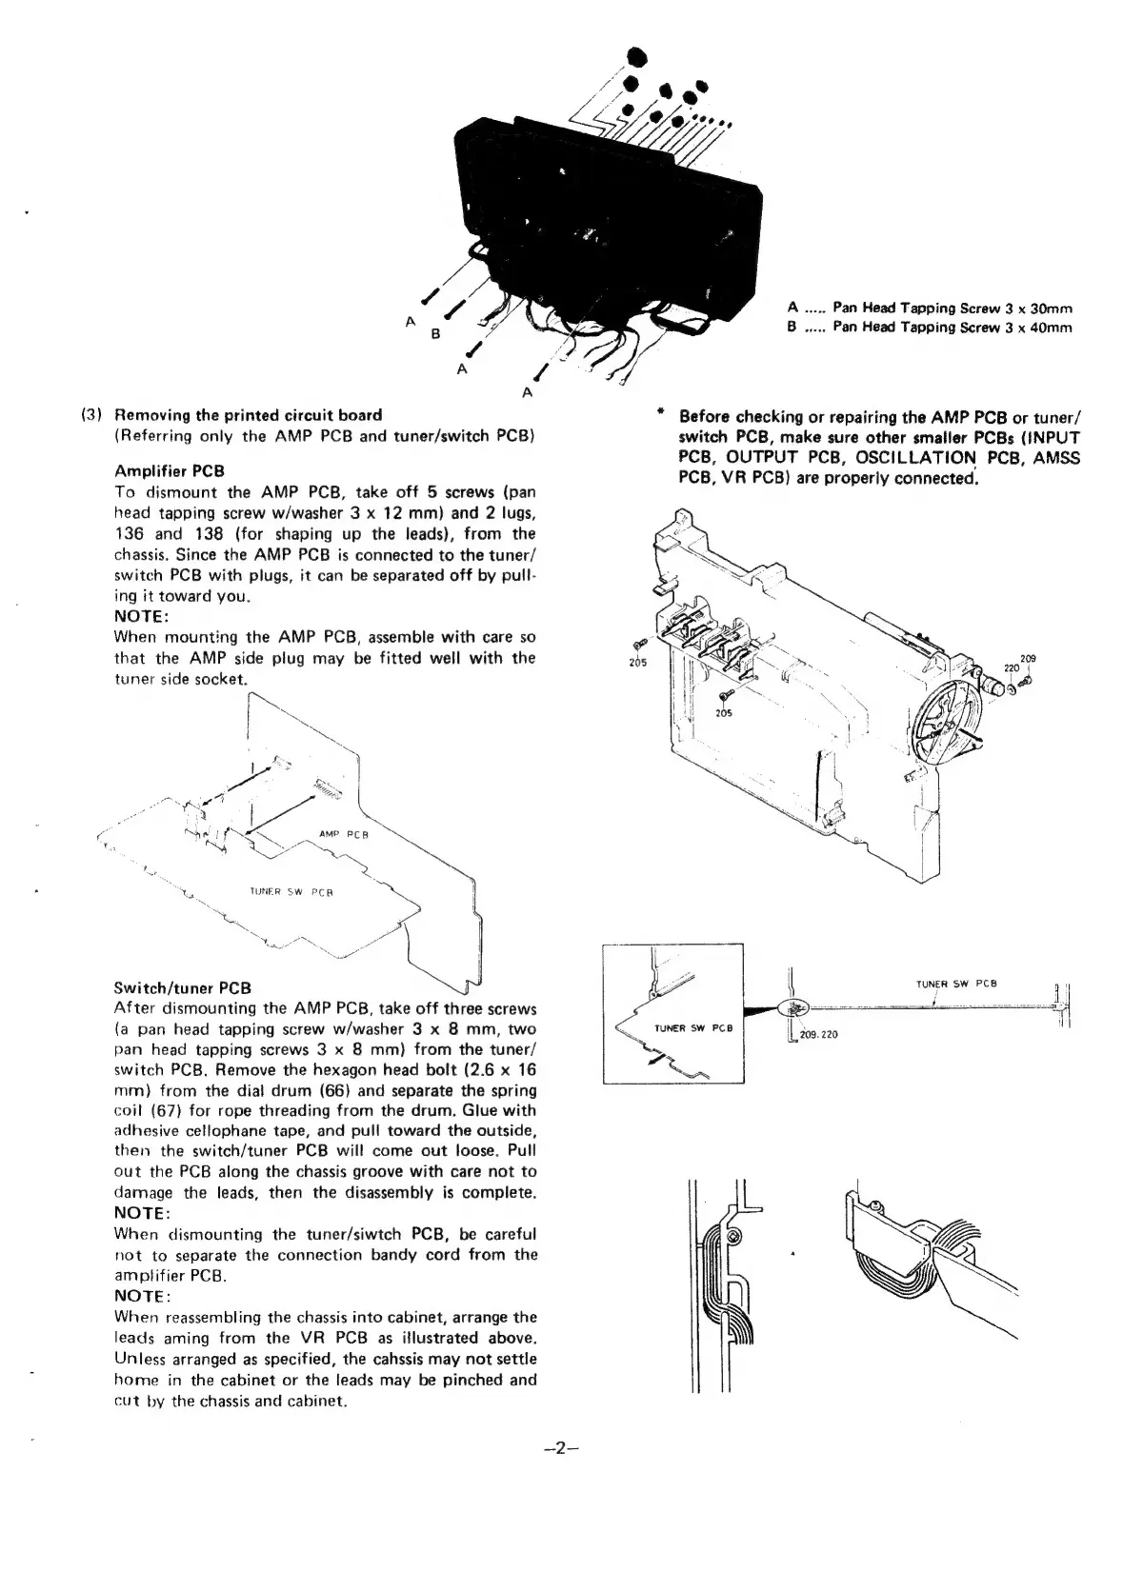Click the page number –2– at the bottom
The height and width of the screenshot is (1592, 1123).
point(561,1448)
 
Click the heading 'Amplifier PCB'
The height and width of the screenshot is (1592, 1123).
point(169,471)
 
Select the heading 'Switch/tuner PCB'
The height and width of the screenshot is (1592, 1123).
point(182,987)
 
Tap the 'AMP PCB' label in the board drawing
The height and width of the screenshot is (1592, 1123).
point(344,834)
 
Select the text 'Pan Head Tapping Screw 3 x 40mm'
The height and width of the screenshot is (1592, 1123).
point(952,328)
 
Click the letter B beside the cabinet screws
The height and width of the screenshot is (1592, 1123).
point(435,334)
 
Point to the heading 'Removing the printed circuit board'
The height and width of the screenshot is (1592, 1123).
point(248,415)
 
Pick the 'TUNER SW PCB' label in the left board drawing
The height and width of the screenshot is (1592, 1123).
point(291,892)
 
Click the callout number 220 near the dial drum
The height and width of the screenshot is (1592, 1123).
point(1013,667)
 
